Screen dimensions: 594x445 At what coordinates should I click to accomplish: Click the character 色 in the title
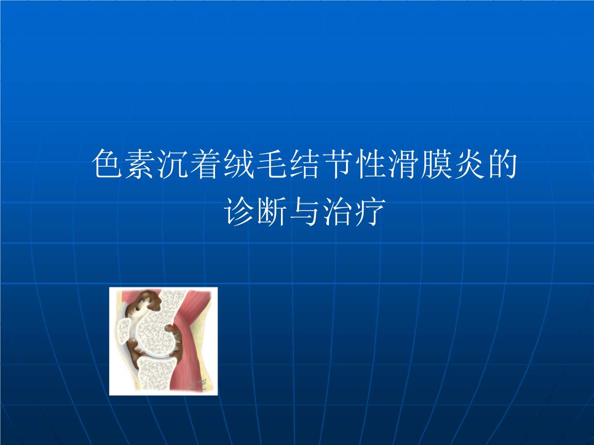[107, 164]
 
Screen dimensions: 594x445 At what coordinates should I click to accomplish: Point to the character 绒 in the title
[239, 164]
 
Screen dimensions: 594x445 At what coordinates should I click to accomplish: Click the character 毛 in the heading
[272, 164]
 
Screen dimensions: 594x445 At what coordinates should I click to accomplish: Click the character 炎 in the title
[469, 164]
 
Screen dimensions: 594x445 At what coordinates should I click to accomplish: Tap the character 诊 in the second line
[239, 211]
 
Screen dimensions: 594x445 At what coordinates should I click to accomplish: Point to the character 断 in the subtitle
[272, 211]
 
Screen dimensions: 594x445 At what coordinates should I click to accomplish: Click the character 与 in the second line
[305, 211]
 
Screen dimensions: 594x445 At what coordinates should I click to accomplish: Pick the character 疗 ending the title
[371, 211]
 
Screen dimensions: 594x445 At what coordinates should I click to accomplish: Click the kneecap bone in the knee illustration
[125, 329]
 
